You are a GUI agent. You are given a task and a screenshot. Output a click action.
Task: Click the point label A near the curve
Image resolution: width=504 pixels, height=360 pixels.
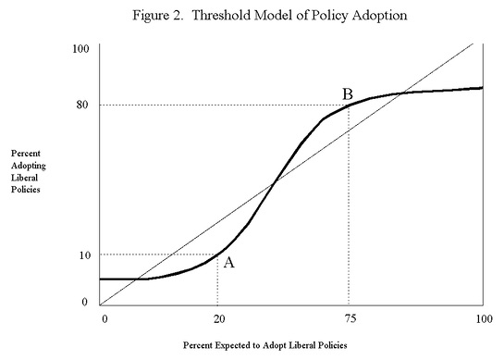pos(229,263)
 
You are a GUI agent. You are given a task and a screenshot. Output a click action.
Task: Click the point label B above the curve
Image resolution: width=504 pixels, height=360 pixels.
pos(348,93)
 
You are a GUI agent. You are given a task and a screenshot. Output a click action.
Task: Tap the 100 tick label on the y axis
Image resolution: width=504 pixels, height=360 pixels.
pos(80,47)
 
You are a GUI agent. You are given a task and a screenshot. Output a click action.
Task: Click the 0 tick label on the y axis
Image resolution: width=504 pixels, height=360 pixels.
pos(84,302)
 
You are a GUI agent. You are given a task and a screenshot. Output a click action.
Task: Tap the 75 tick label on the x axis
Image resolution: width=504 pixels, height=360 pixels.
pos(348,319)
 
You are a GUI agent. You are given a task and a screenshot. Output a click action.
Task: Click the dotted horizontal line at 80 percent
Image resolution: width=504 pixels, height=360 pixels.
pos(222,105)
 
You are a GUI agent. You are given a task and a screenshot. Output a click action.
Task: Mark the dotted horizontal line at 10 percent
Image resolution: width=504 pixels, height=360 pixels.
pos(157,254)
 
